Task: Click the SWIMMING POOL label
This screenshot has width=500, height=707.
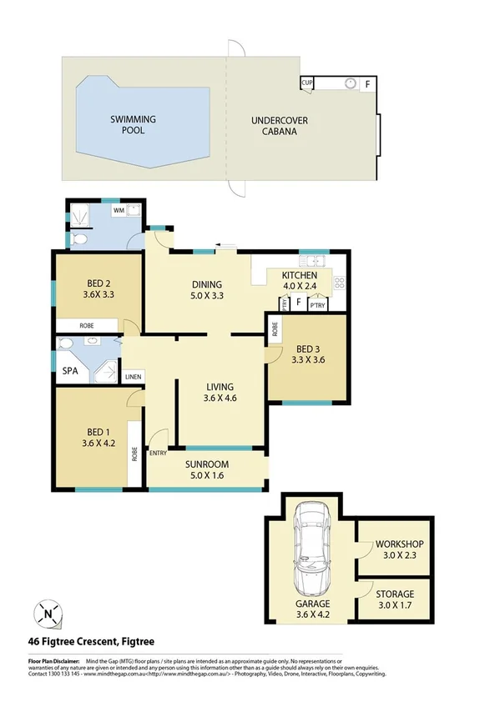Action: click(133, 125)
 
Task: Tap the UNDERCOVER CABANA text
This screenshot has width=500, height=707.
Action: click(280, 126)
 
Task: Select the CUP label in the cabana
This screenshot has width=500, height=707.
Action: click(307, 83)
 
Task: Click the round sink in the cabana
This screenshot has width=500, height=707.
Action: click(351, 83)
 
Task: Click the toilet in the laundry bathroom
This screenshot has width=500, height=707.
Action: click(78, 239)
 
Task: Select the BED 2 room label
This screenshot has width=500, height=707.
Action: click(98, 288)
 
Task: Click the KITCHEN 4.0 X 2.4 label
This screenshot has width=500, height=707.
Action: click(299, 281)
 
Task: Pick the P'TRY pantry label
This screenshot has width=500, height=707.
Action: click(316, 305)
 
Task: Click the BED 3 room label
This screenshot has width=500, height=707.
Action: click(304, 355)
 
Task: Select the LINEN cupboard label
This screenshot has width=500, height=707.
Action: click(133, 377)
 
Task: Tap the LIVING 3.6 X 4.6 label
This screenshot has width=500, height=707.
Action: click(221, 393)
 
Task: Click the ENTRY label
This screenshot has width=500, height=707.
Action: click(158, 453)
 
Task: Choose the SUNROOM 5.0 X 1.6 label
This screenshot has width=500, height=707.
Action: click(207, 470)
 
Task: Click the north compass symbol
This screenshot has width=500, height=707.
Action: click(48, 616)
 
